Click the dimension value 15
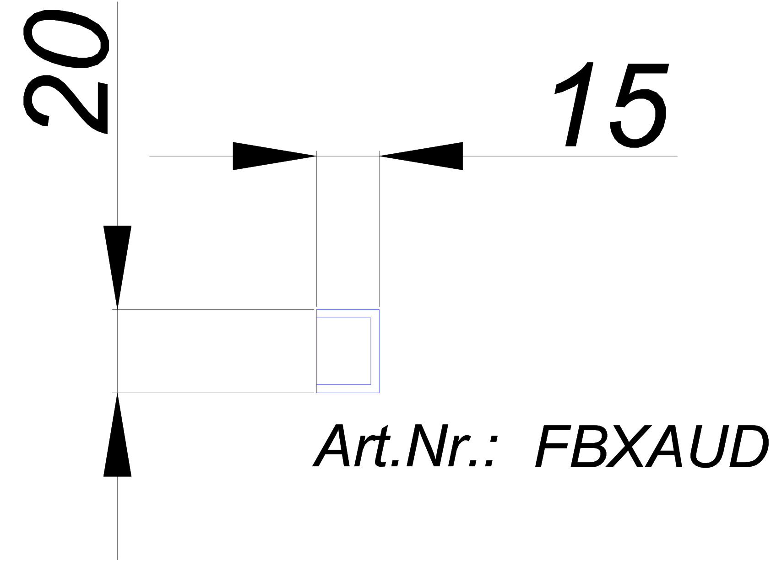click(610, 105)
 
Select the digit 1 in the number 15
click(574, 104)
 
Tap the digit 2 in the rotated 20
click(65, 104)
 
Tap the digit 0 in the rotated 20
click(66, 38)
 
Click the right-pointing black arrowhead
click(274, 156)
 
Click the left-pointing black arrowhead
click(421, 156)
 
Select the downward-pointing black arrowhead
click(117, 267)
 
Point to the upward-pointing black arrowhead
click(117, 435)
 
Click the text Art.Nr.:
click(405, 445)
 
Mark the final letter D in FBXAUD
click(747, 446)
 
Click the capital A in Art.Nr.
click(331, 445)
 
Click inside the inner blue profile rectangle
click(343, 351)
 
